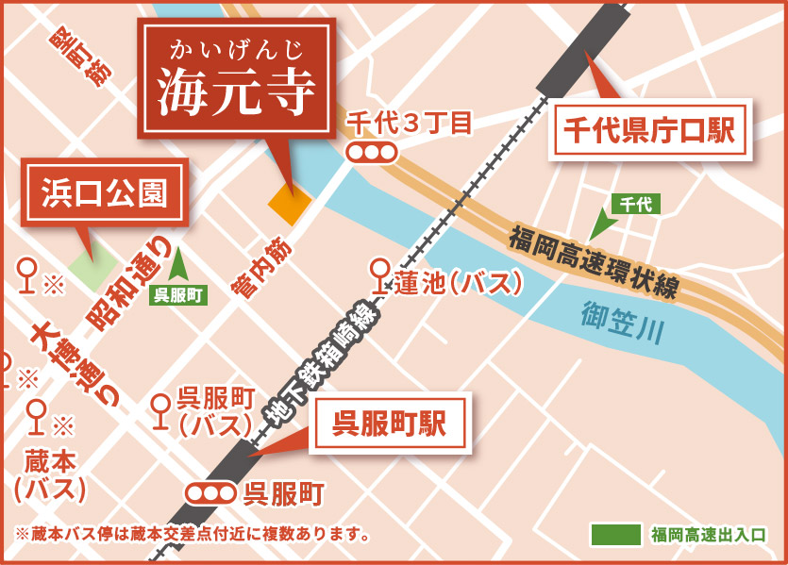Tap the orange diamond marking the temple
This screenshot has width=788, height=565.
pos(289,202)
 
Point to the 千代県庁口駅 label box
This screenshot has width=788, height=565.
pos(647,128)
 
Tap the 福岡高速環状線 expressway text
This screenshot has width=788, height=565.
pos(593,262)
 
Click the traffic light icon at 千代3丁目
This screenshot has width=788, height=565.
pos(370,152)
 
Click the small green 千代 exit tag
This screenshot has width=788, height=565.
pos(636,203)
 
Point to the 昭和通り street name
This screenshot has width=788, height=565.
pos(131,283)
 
